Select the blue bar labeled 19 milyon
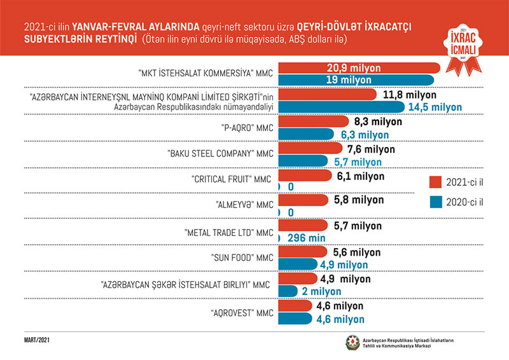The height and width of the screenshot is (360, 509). (356, 80)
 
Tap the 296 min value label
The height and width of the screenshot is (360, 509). (307, 238)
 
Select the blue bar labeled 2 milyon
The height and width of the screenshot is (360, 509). (288, 290)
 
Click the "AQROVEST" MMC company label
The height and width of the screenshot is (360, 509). (242, 314)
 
